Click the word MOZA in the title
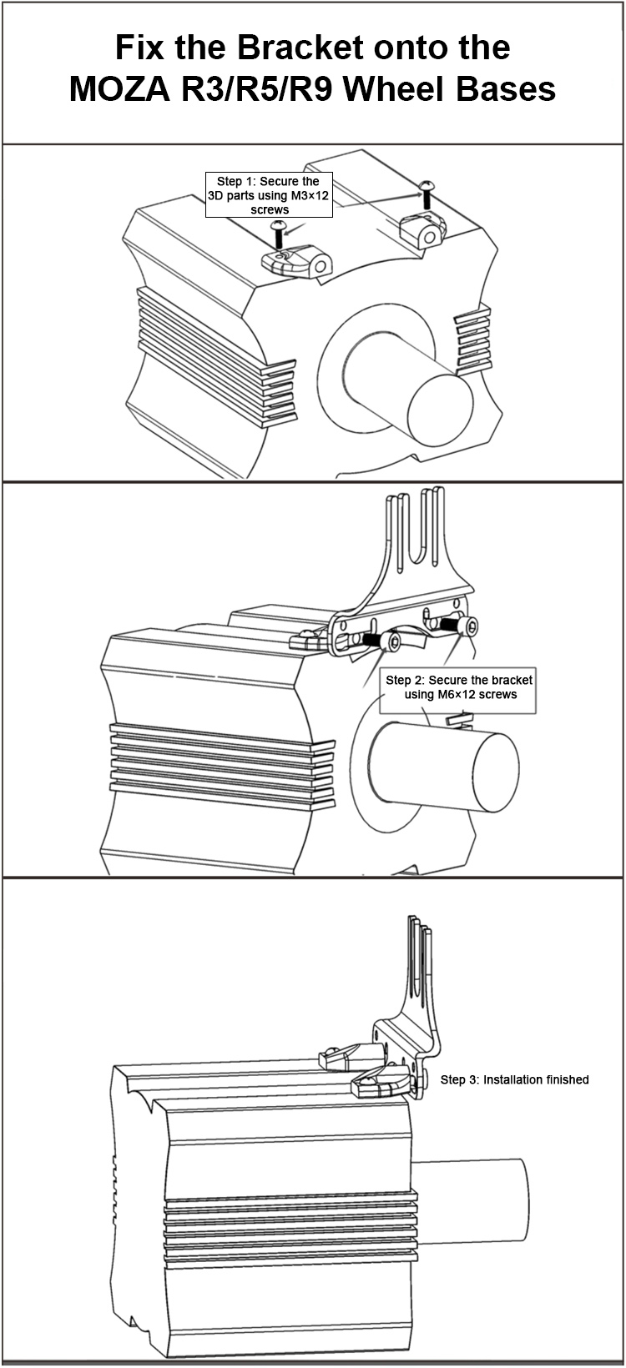point(120,89)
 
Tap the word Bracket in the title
point(300,48)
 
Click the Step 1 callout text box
point(269,195)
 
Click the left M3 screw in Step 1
point(279,234)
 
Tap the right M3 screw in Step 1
point(426,194)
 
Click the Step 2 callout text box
point(457,690)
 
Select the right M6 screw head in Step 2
point(470,626)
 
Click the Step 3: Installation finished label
point(514,1079)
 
